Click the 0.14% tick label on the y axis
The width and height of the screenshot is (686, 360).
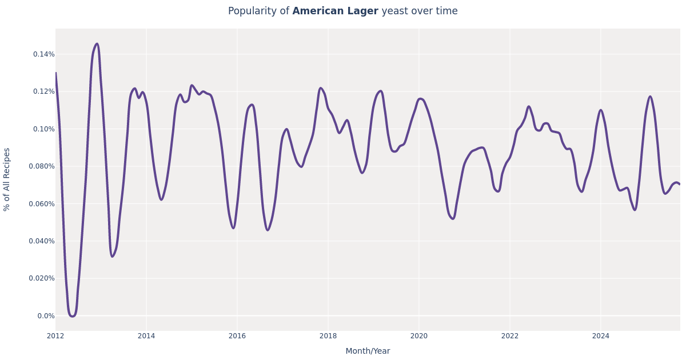tap(43, 54)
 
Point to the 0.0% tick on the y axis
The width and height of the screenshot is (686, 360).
tap(46, 316)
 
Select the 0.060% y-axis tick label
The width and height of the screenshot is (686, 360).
tap(42, 204)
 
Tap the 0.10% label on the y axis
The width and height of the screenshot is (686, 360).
tap(43, 129)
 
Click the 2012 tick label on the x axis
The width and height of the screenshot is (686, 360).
tap(55, 336)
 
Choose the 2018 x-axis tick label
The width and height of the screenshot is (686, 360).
tap(328, 336)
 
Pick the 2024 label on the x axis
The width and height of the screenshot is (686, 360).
tap(600, 336)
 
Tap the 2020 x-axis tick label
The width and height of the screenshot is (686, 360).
tap(419, 336)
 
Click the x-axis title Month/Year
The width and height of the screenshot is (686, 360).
tap(368, 351)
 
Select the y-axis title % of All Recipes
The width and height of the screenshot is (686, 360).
tap(7, 179)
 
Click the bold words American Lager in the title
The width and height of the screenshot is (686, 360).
tap(335, 11)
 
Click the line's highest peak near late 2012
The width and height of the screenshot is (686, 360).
tap(97, 44)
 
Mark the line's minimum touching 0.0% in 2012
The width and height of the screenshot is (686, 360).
tap(72, 316)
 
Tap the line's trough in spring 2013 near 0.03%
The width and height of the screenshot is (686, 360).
tap(112, 256)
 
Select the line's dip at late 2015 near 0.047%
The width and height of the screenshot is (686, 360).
tap(233, 228)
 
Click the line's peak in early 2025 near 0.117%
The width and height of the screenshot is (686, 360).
tap(650, 97)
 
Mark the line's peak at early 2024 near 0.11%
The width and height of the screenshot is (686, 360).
tap(600, 110)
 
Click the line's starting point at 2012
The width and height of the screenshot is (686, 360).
tap(56, 73)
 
